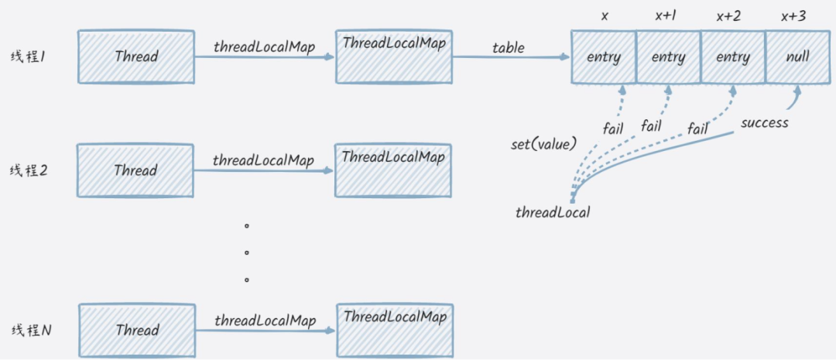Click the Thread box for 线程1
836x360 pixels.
click(x=136, y=57)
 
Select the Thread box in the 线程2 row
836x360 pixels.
click(x=136, y=170)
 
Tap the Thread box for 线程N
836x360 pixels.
click(x=137, y=330)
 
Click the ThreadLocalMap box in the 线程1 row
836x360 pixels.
click(x=394, y=57)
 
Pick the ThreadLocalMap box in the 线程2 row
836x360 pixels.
click(x=393, y=170)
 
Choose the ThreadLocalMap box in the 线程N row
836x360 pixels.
click(x=395, y=329)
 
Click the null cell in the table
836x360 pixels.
click(x=797, y=57)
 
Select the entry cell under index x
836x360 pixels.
click(x=603, y=57)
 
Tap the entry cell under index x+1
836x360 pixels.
click(x=668, y=57)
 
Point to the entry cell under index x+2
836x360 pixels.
click(x=732, y=57)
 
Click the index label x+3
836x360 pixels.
click(x=797, y=15)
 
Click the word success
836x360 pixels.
click(x=764, y=122)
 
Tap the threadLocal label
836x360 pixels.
click(x=553, y=212)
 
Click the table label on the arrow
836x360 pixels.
click(x=508, y=48)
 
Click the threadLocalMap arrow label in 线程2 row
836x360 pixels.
click(x=264, y=161)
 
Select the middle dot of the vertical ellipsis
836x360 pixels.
click(x=247, y=252)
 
